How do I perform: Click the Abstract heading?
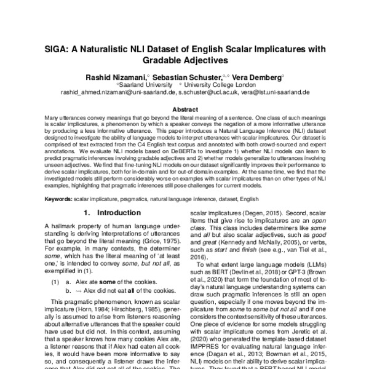pos(184,109)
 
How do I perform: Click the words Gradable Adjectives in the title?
pos(184,60)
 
